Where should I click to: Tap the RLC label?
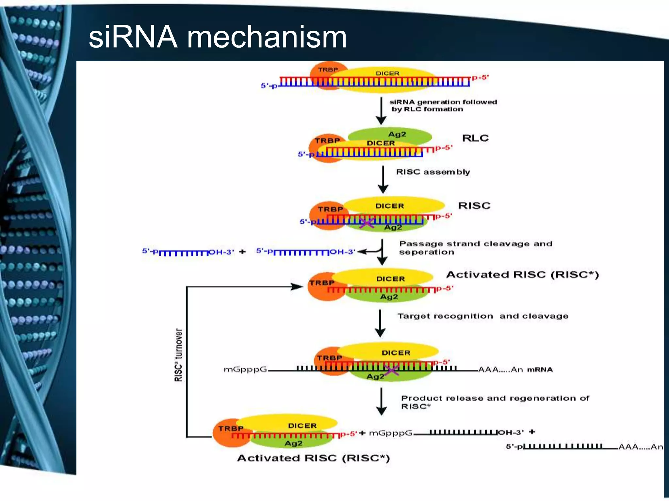[x=475, y=138]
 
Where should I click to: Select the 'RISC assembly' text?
[x=433, y=172]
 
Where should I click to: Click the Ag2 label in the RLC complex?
[x=397, y=134]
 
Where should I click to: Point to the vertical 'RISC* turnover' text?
[x=178, y=355]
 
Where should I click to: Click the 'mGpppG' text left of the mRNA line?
[x=245, y=370]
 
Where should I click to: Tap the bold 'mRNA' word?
[x=540, y=370]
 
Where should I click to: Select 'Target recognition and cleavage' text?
[x=483, y=316]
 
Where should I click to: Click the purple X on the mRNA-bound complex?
[x=391, y=370]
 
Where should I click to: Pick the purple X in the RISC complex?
[x=367, y=223]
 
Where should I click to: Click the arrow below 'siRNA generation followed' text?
[x=381, y=111]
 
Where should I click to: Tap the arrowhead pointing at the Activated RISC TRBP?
[x=297, y=287]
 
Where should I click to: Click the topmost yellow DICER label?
[x=387, y=73]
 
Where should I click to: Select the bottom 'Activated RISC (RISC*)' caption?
[x=313, y=458]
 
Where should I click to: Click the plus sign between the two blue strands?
[x=242, y=251]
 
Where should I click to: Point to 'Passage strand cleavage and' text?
[x=476, y=244]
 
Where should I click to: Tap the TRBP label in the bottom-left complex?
[x=231, y=428]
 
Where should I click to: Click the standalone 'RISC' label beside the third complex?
[x=474, y=205]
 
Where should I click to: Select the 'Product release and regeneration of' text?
[x=495, y=398]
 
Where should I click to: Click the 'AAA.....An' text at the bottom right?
[x=640, y=447]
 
